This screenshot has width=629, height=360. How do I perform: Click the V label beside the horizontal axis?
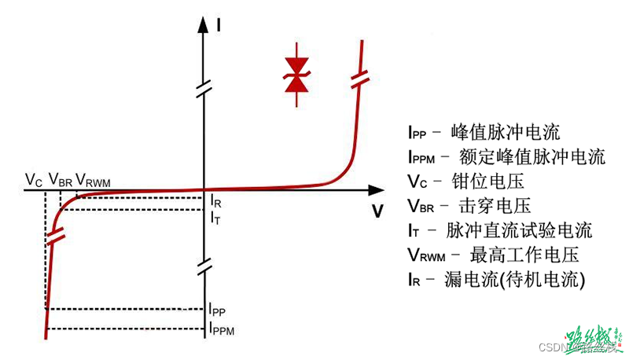tap(378, 211)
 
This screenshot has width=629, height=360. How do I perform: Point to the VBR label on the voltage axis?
tap(61, 181)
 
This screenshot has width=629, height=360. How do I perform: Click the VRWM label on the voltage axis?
tap(94, 182)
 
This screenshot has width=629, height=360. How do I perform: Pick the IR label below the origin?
tap(216, 203)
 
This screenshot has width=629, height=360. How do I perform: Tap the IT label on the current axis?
tap(215, 218)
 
